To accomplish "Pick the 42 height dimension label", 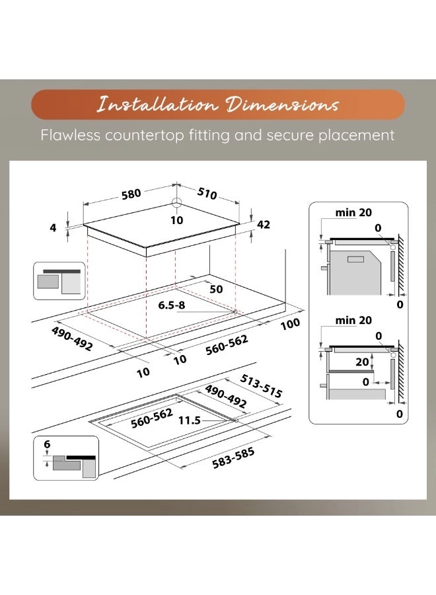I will tap(263, 224).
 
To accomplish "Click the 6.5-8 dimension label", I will tap(172, 307).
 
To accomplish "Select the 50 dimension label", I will tap(216, 290).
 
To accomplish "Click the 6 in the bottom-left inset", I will tap(47, 446).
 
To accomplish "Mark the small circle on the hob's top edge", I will tap(177, 204).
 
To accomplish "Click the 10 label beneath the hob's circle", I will tap(176, 220).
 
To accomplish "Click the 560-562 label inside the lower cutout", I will tap(152, 418).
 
